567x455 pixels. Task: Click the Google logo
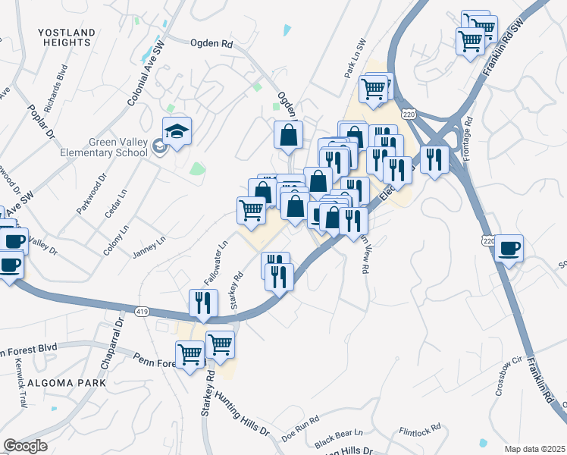click(25, 446)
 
